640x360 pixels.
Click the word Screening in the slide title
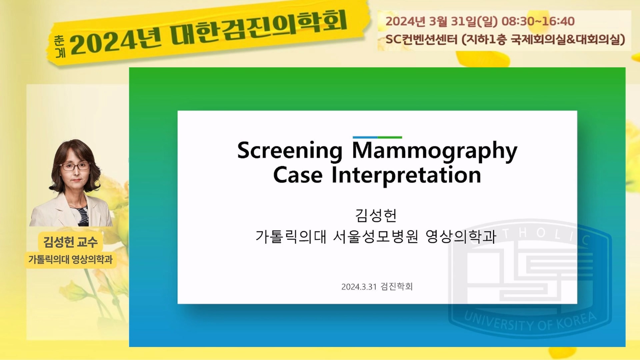tap(290, 151)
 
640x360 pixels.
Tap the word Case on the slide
tap(298, 175)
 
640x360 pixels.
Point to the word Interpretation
tap(406, 176)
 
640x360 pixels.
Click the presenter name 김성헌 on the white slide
tap(376, 215)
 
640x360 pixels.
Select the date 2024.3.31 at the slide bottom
tap(359, 287)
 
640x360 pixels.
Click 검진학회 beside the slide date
tap(397, 286)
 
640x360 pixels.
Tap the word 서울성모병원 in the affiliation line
tap(376, 236)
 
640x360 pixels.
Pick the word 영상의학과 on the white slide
tap(461, 236)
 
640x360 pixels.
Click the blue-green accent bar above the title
tap(377, 137)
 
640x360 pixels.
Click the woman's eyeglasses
tap(75, 166)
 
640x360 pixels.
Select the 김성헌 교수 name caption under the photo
tap(70, 242)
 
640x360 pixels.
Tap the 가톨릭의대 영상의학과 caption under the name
tap(70, 259)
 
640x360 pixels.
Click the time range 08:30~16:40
tap(538, 21)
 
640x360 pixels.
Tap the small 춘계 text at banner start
tap(60, 46)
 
